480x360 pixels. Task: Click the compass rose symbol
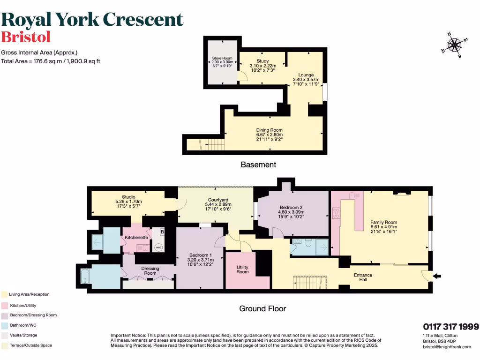tap(454, 45)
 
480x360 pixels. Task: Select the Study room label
tap(262, 61)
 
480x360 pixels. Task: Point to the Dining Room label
tap(269, 130)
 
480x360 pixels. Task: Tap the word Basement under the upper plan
tap(258, 165)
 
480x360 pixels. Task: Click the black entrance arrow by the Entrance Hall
tap(436, 276)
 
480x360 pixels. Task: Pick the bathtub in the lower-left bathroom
tap(86, 277)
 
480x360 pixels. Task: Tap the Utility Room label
tap(242, 269)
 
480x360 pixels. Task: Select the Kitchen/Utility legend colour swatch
tap(4, 305)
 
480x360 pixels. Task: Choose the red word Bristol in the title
tap(26, 37)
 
